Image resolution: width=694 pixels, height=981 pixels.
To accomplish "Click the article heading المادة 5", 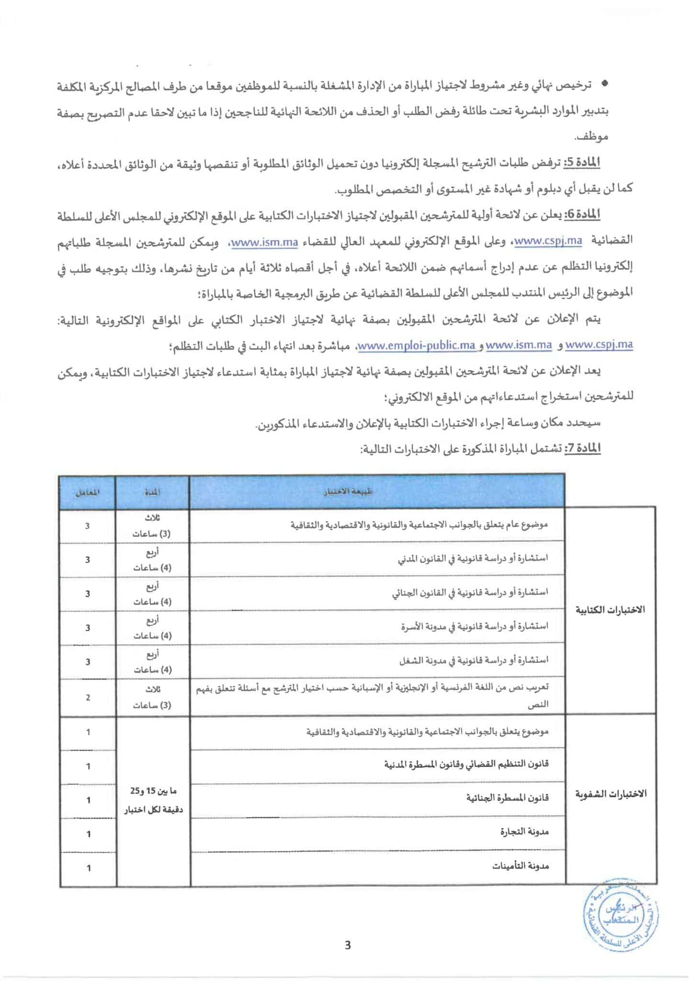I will click(x=581, y=163).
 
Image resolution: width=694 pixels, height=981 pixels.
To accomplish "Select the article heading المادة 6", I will click(x=581, y=215).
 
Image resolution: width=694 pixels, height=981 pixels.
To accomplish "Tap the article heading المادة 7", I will click(x=582, y=449).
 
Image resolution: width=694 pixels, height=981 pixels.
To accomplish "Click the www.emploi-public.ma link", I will click(x=417, y=345).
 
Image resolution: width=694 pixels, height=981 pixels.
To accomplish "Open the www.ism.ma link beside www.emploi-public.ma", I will click(x=519, y=345).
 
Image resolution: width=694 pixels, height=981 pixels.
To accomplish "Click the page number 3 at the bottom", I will click(x=348, y=945).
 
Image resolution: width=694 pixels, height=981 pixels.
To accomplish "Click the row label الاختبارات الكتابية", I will click(x=610, y=610).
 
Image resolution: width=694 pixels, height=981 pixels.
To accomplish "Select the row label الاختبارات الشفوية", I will click(x=611, y=794).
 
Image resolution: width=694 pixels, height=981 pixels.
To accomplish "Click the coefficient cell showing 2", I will click(x=88, y=697).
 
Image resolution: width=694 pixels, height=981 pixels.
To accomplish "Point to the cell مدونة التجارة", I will click(x=524, y=832).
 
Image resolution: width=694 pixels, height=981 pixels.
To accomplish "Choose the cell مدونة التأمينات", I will click(x=521, y=866).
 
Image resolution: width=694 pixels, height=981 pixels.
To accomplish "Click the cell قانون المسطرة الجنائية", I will click(x=507, y=798).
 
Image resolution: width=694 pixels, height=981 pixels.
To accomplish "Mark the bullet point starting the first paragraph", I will click(x=604, y=84).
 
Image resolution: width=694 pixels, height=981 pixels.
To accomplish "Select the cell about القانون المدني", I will click(x=473, y=559).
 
